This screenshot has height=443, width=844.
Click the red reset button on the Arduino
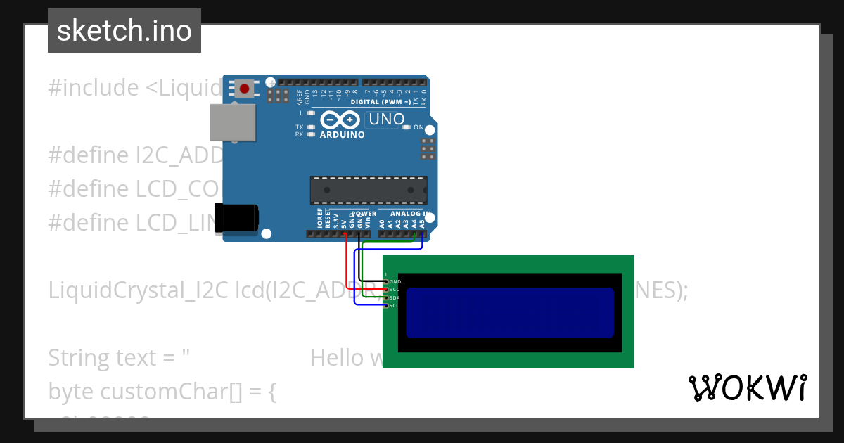[244, 89]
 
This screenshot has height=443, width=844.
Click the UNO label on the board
[387, 119]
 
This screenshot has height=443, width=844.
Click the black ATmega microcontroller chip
[369, 190]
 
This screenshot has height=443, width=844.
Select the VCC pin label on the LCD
[395, 290]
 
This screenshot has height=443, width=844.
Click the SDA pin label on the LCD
[395, 298]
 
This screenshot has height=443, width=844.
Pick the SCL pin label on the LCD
[395, 306]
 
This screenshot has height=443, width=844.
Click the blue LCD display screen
[510, 312]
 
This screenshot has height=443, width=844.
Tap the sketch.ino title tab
[124, 31]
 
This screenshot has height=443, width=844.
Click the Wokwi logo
[747, 388]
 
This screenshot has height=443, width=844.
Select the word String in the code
[79, 358]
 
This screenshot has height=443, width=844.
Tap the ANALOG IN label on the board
[411, 213]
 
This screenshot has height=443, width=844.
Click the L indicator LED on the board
[311, 113]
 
